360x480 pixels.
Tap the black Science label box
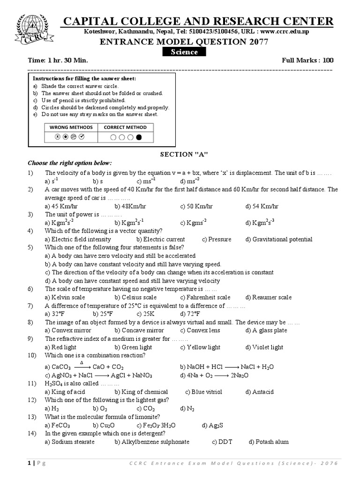[184, 52]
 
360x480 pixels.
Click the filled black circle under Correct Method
[138, 137]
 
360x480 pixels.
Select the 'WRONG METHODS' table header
[72, 127]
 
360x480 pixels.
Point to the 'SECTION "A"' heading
[184, 154]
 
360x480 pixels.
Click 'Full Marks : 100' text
[307, 60]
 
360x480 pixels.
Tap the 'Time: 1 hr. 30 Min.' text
[58, 60]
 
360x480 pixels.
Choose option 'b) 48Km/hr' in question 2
[130, 206]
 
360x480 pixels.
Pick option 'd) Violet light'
[264, 347]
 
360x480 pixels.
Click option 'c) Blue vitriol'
[203, 392]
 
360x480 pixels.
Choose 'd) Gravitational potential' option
[278, 240]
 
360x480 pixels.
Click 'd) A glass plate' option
[266, 330]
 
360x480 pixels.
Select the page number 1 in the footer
[30, 464]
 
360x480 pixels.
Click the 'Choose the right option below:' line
[70, 163]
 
